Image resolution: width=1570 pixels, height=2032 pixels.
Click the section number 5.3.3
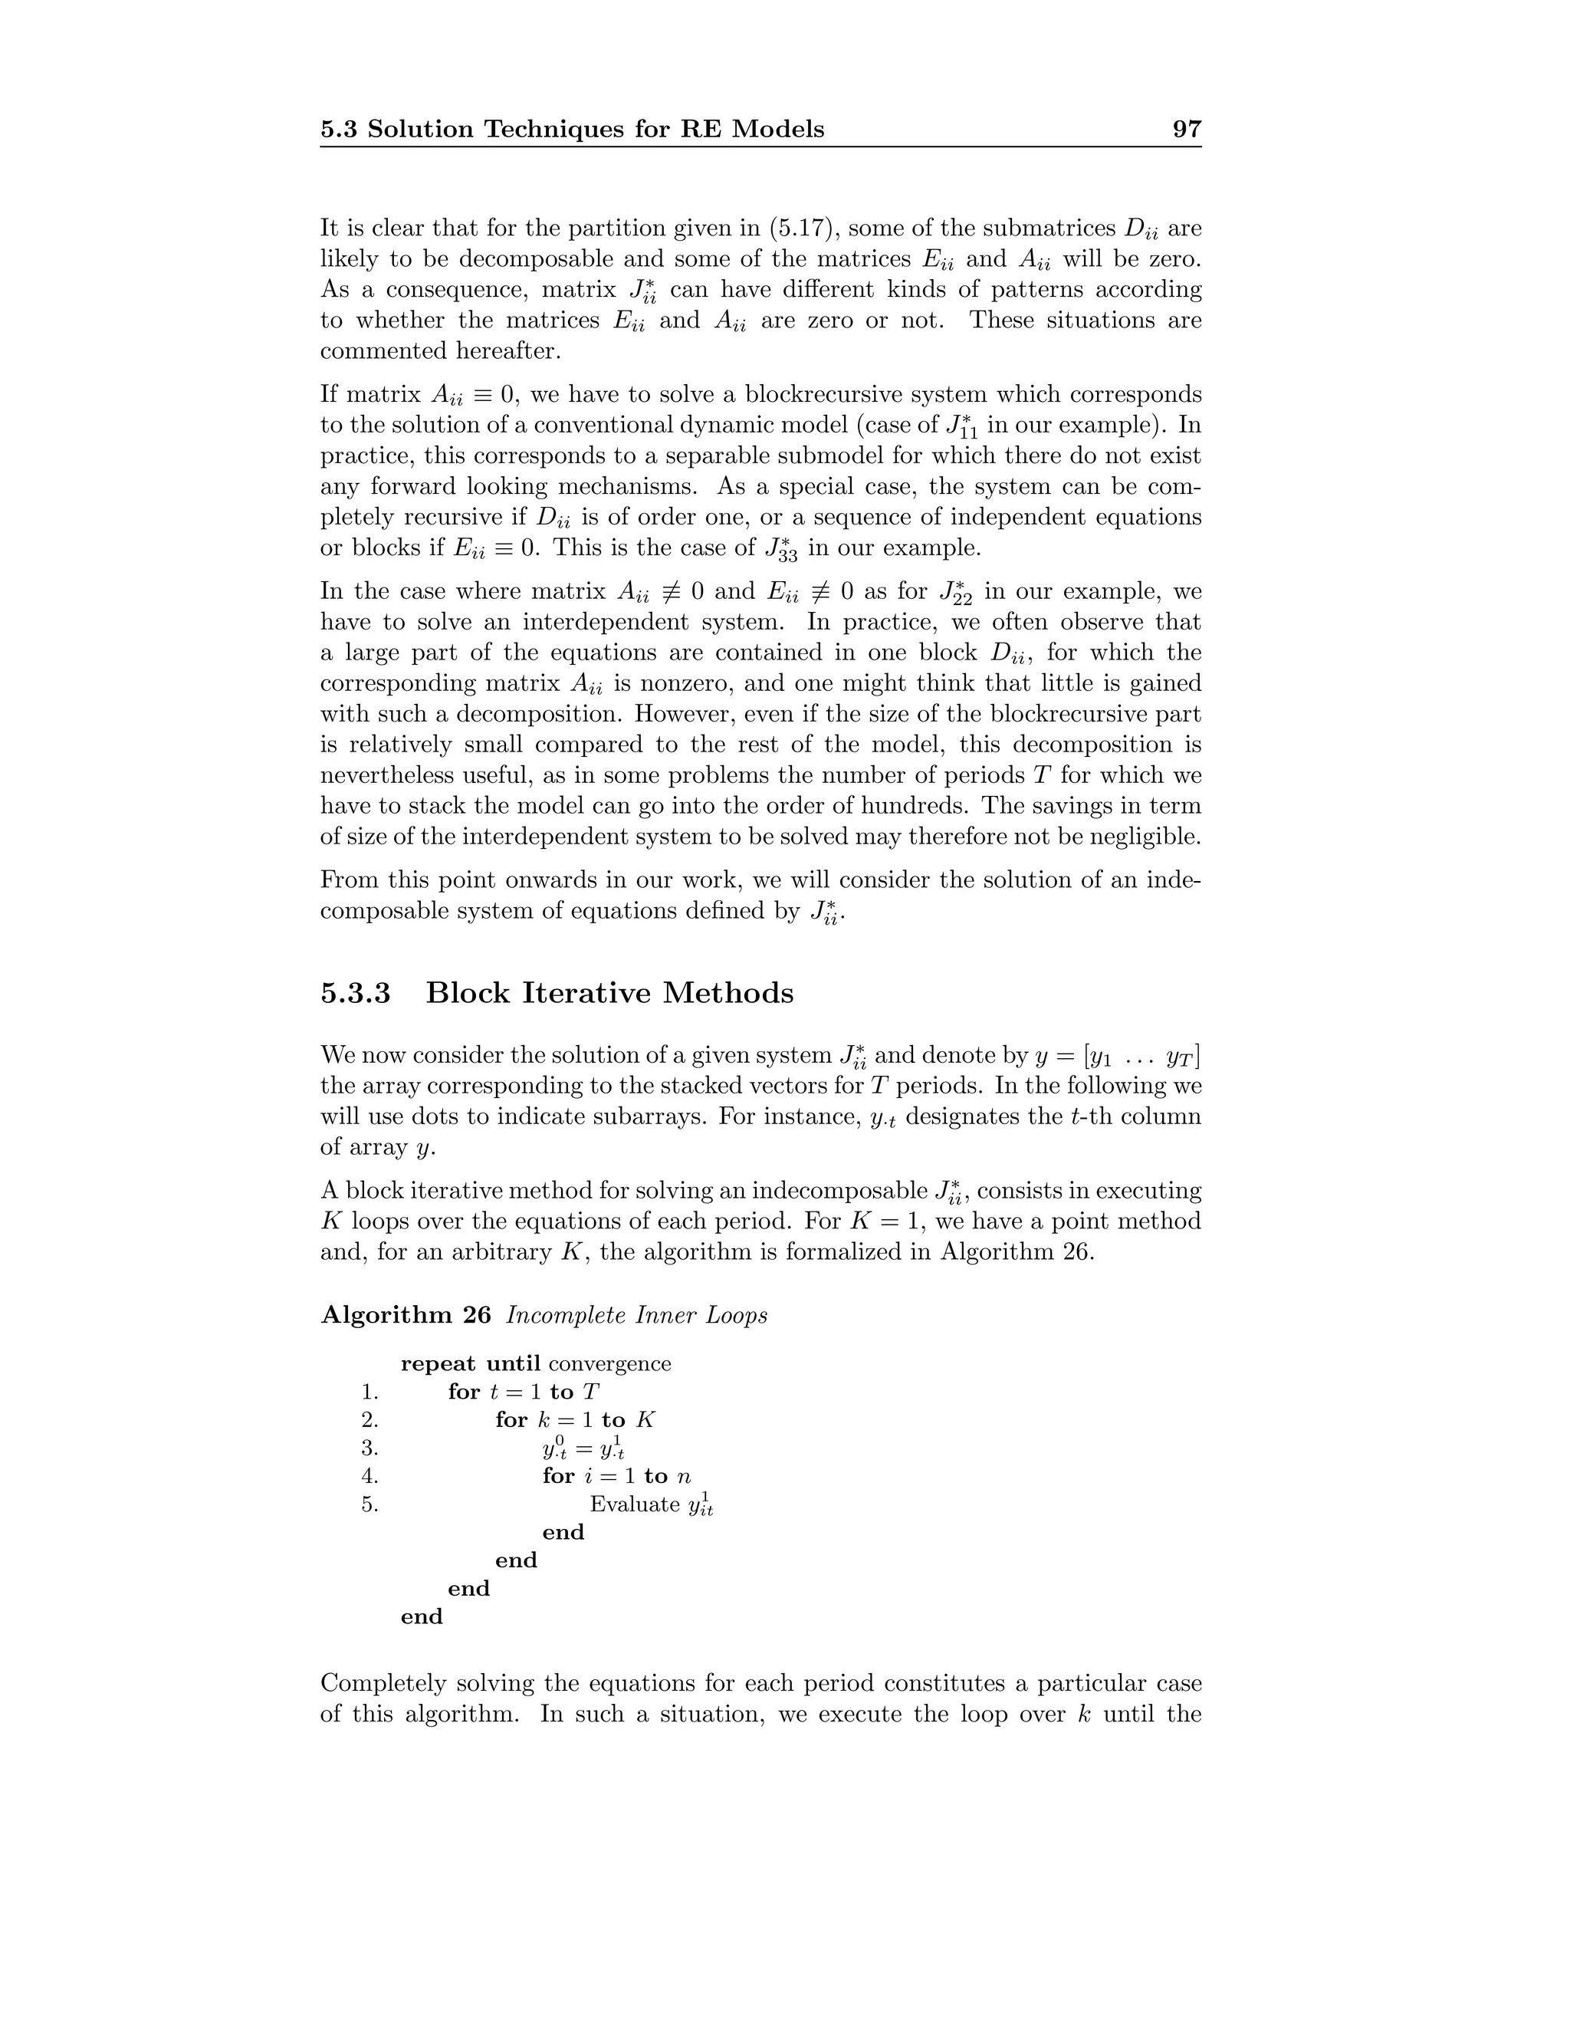(355, 993)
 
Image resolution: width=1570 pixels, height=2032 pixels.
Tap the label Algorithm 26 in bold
(406, 1314)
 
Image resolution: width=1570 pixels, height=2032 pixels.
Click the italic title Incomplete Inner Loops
(637, 1314)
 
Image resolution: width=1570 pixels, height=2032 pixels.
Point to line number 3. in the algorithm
(370, 1448)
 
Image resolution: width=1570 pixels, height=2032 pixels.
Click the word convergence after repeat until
(609, 1364)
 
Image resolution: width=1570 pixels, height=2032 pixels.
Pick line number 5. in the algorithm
(370, 1504)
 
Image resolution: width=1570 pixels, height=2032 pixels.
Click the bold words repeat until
(470, 1364)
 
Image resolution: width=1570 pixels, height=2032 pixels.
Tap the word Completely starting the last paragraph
(387, 1683)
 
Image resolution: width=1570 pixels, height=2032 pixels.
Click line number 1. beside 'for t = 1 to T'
(370, 1392)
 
